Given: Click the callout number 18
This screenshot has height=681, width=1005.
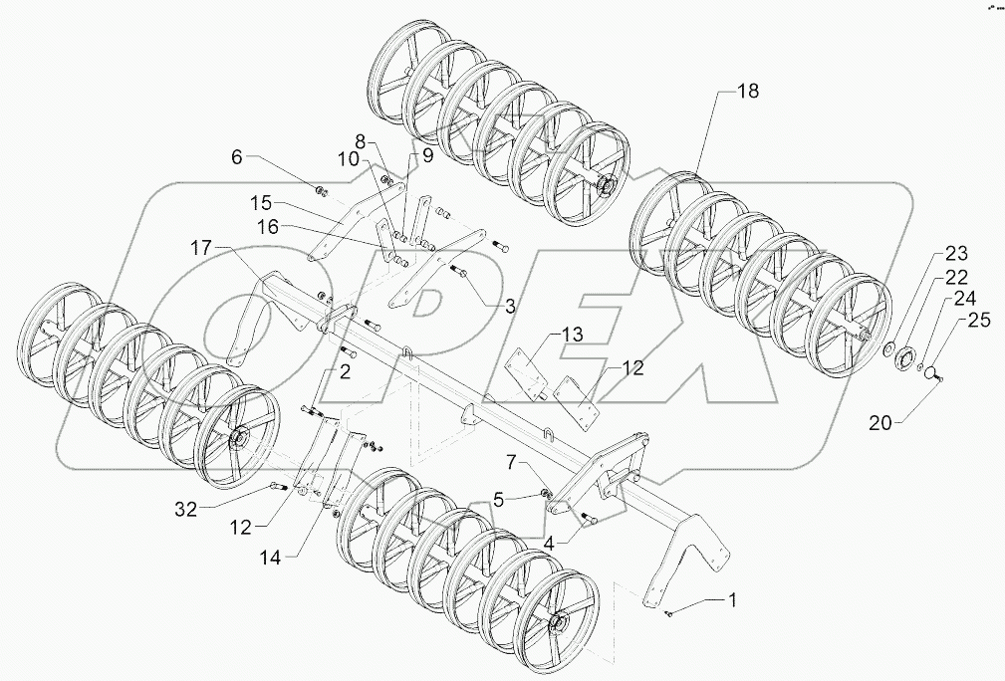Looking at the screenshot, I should click(748, 91).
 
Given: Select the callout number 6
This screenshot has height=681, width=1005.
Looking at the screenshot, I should click(236, 157).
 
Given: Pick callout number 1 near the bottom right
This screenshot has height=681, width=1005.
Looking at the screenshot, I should click(733, 600).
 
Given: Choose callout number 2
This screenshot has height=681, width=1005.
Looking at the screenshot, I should click(345, 372).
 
